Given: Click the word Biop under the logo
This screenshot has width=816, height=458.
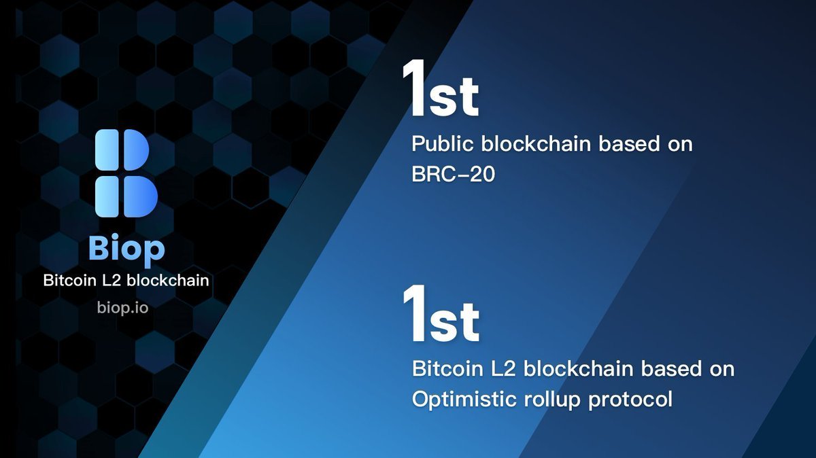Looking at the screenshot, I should coord(126,249).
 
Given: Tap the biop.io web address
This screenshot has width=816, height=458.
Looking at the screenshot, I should coord(122,307).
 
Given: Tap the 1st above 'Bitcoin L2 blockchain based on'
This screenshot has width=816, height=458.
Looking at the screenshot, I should coord(441,315).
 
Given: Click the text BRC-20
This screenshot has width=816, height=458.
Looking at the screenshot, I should coord(453,175).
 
